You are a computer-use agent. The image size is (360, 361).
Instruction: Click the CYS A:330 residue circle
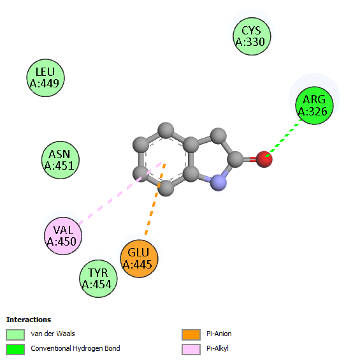252,36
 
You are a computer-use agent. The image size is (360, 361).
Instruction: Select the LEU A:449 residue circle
45,78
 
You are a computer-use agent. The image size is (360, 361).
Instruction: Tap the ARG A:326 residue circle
314,105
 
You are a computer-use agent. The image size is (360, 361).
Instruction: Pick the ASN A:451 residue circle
61,160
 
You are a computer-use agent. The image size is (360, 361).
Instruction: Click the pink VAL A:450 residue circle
63,236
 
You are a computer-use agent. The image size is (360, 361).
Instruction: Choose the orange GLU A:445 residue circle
139,258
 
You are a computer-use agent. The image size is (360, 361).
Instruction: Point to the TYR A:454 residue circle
98,279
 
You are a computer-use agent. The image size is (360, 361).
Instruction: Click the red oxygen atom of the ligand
264,159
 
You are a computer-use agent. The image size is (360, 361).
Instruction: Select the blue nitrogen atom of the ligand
219,182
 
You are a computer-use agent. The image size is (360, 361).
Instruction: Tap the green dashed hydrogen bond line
284,138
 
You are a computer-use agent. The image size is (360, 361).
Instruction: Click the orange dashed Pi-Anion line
155,199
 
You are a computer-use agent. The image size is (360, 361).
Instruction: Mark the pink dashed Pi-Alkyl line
120,193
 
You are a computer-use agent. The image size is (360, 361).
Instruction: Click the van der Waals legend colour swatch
15,335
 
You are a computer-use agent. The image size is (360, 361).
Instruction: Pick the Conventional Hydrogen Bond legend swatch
15,350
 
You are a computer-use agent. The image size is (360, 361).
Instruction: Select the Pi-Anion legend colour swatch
191,335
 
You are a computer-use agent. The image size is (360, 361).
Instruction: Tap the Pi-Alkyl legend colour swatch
191,350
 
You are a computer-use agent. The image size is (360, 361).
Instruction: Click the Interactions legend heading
29,320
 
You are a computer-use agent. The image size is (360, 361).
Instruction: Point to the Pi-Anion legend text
219,334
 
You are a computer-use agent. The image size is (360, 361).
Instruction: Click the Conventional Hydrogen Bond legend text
75,349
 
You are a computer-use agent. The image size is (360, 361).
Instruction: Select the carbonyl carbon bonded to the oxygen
235,159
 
